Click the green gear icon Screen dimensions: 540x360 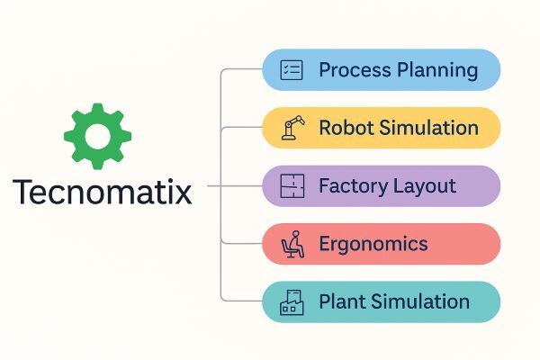97,136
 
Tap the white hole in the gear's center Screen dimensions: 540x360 97,136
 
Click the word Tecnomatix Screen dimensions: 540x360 103,192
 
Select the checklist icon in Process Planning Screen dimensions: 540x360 292,70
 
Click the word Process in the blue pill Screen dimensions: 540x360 355,70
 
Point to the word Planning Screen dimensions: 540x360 437,71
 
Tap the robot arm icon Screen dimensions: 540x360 292,128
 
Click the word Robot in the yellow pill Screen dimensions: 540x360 346,128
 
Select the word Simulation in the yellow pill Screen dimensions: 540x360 428,128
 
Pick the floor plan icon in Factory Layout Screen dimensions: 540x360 292,186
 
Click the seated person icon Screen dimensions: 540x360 292,244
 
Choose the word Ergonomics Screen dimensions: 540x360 373,245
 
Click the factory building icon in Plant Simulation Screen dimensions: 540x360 292,302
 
